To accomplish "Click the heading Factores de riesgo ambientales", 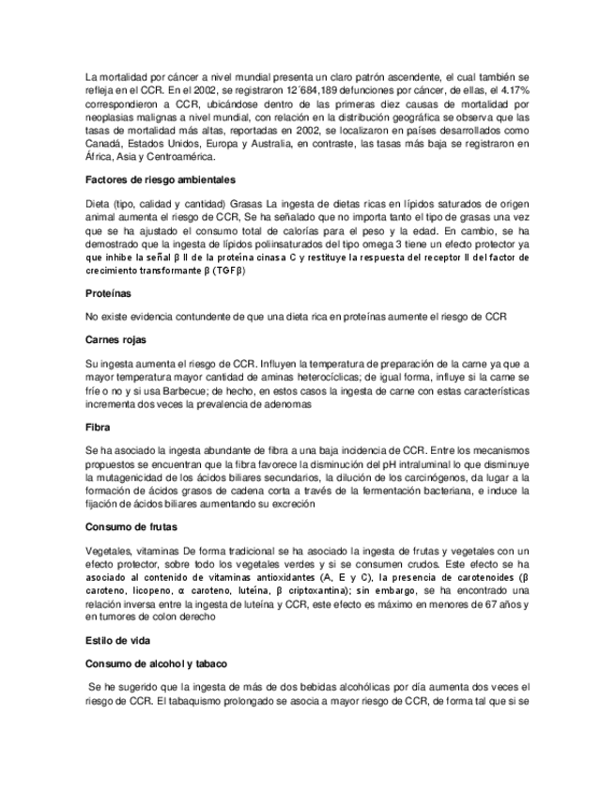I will point(160,180).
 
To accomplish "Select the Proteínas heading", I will point(111,293).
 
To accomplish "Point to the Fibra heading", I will point(98,428).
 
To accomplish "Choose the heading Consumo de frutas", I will point(131,527).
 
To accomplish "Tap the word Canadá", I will point(104,144).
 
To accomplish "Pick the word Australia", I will point(265,144).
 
